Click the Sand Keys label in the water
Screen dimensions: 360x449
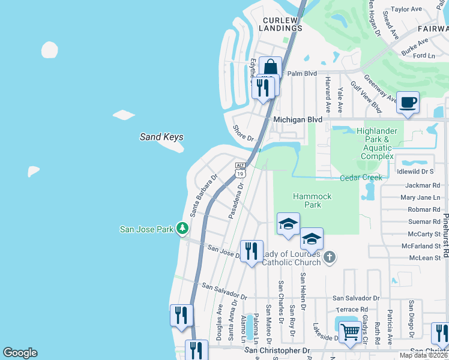coord(161,137)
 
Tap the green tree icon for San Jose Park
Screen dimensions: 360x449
coord(182,229)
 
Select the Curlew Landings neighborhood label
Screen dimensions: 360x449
coord(282,24)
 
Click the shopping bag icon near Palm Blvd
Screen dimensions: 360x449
coord(271,67)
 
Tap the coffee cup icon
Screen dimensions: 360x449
coord(408,102)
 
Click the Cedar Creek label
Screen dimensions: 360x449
coord(361,178)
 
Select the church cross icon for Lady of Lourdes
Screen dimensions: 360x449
coord(328,257)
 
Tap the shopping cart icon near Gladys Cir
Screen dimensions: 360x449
coord(350,331)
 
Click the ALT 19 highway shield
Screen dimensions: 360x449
coord(240,170)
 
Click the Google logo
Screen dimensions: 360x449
coord(20,353)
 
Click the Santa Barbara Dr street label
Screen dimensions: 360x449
coord(203,196)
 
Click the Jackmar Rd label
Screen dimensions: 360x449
coord(423,186)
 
